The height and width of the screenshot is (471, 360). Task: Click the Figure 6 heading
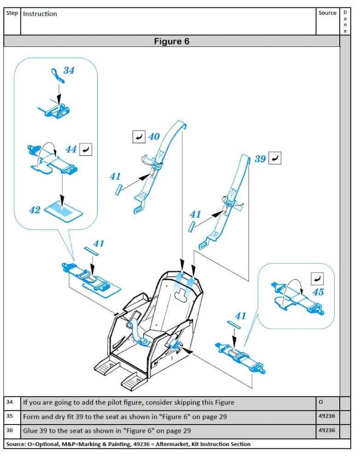click(x=171, y=41)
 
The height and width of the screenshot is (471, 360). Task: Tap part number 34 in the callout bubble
click(x=69, y=71)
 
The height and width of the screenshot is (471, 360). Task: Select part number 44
click(x=70, y=149)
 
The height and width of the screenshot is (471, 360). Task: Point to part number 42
click(x=35, y=210)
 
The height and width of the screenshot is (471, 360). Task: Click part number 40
click(x=154, y=137)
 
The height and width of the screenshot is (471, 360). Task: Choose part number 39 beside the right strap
click(x=260, y=159)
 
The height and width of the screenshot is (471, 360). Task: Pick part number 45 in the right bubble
click(x=318, y=292)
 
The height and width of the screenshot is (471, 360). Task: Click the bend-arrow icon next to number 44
click(x=86, y=149)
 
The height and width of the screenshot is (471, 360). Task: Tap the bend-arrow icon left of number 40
click(x=139, y=137)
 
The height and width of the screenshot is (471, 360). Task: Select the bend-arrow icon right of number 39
click(x=275, y=158)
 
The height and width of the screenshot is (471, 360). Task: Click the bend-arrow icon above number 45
click(x=317, y=278)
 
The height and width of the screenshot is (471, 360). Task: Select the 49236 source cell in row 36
click(x=327, y=431)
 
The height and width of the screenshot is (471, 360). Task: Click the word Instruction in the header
click(x=40, y=14)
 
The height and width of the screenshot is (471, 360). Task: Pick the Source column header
click(x=327, y=13)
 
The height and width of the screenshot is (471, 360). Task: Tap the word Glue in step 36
click(x=30, y=431)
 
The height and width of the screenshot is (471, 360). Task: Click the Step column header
click(x=12, y=13)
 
